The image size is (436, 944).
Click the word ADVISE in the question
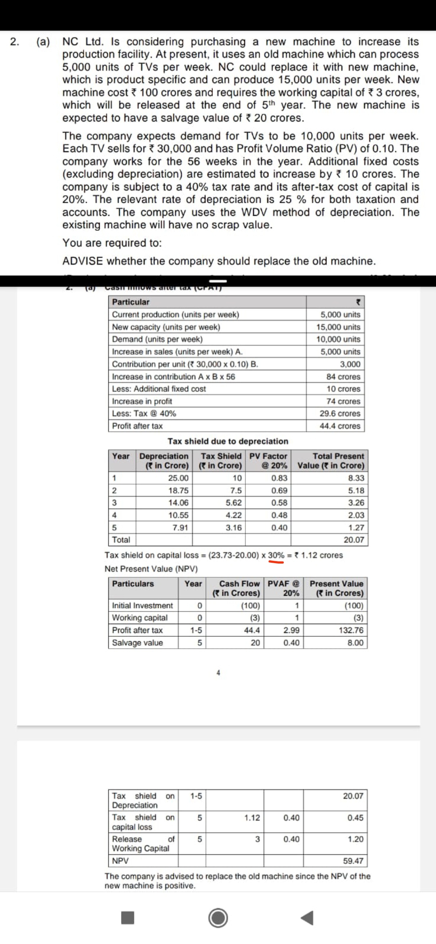coord(83,261)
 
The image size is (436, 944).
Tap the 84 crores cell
coord(343,376)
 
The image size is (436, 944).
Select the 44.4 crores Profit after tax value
coord(340,426)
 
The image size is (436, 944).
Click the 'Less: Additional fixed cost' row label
coord(159,389)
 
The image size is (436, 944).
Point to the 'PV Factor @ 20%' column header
coord(268,461)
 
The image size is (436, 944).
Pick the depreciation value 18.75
coord(178,491)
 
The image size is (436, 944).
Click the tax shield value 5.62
coord(234,503)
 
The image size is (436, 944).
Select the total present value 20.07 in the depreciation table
coord(354,540)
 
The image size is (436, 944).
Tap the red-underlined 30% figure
coord(276,555)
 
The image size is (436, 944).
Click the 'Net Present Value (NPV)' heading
coord(151,569)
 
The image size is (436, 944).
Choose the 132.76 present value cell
coord(351,630)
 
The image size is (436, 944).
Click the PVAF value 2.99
coord(291,630)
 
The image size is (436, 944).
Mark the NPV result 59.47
coord(353,861)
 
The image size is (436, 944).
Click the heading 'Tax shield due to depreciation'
coord(228,441)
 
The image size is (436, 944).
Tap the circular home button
coord(218,918)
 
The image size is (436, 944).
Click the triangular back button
coord(307,918)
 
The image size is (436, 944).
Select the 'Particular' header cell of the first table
coord(131,302)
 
